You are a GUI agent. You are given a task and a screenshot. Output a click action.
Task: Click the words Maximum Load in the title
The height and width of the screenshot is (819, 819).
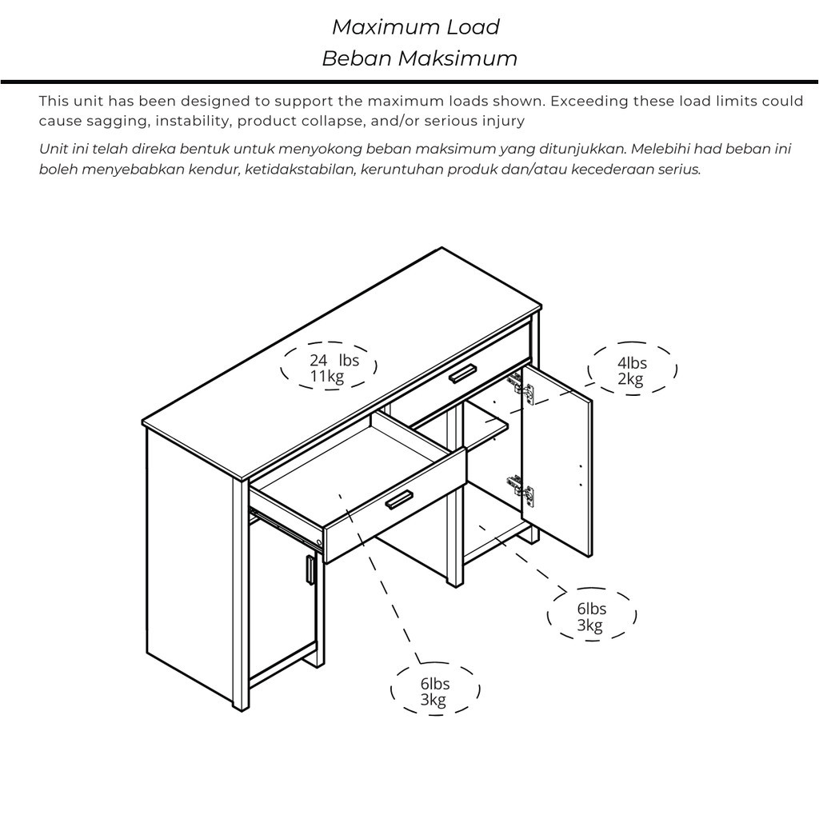[415, 27]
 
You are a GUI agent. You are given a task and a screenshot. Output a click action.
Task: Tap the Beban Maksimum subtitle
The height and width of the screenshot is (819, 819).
[419, 58]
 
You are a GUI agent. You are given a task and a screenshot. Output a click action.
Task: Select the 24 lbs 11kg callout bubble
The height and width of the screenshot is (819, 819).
[329, 368]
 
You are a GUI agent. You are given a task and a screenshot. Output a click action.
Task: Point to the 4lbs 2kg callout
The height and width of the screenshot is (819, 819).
[632, 370]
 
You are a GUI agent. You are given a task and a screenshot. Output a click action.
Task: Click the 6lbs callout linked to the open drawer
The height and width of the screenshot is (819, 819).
[434, 692]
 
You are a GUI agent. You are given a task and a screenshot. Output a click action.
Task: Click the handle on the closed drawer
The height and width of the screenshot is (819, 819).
[461, 373]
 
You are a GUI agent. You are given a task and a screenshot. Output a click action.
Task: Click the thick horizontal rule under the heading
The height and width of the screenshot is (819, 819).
[409, 82]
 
